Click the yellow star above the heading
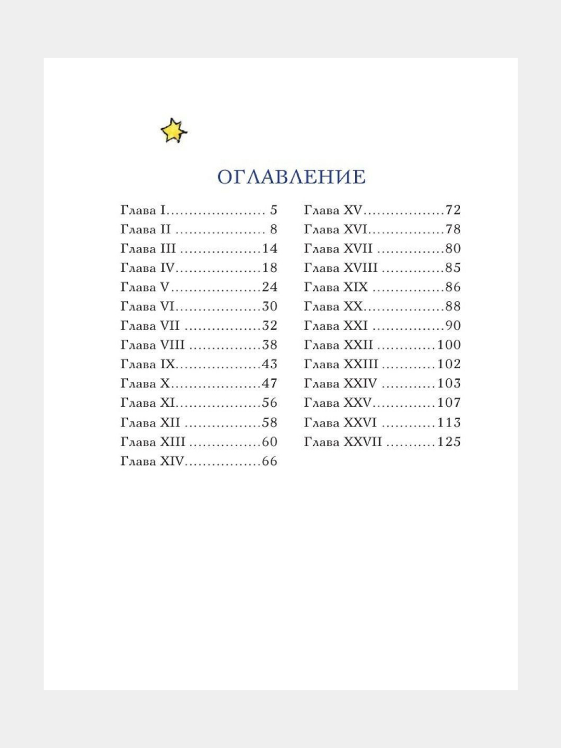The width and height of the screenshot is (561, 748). pos(173,130)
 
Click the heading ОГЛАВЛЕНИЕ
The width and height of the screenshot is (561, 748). pos(291,177)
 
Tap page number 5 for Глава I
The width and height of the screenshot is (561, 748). pos(274,210)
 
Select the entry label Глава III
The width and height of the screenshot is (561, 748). pos(148,249)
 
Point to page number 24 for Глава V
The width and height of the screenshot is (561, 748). pos(270,287)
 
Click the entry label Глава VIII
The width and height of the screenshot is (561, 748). pos(153,345)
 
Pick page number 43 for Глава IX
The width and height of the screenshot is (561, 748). pos(270,364)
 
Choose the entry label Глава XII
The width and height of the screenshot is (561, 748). pos(150,423)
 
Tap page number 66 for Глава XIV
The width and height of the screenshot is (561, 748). pos(270,461)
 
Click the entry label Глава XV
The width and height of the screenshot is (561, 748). pos(333,210)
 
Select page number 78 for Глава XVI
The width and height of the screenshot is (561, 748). pos(453,230)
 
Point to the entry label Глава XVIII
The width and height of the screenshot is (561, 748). pos(341,268)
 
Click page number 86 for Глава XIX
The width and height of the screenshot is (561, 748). pos(453,287)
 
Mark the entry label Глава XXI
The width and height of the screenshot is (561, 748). pos(336,326)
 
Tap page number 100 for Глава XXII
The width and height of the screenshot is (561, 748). pos(449,345)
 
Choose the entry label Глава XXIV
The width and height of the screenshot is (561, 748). pos(340,383)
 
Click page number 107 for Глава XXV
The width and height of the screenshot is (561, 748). pos(449,403)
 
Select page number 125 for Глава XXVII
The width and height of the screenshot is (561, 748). pos(449,442)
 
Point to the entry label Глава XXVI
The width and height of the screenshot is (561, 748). pos(340,423)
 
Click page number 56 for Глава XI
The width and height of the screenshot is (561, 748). pos(270,403)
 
